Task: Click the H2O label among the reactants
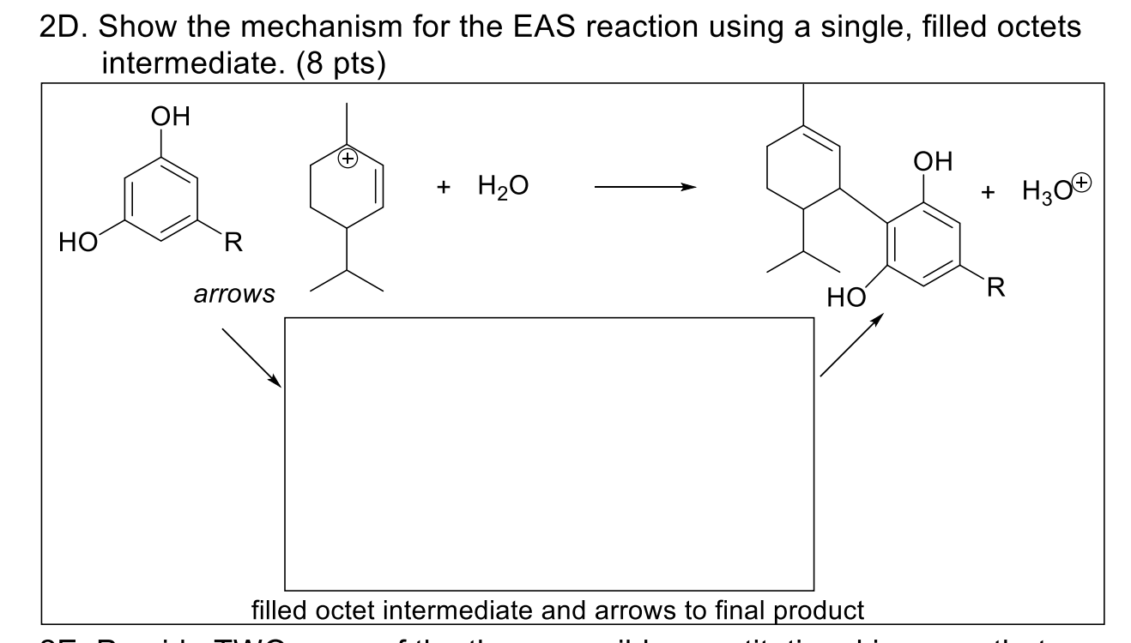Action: click(503, 186)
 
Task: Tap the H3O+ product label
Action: click(1057, 190)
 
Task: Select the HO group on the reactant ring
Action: click(75, 243)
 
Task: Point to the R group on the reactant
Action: click(233, 243)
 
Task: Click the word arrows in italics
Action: click(234, 295)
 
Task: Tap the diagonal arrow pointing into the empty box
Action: click(251, 357)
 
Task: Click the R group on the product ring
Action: click(995, 287)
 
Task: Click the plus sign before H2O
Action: click(444, 187)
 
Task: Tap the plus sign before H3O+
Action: click(992, 192)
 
